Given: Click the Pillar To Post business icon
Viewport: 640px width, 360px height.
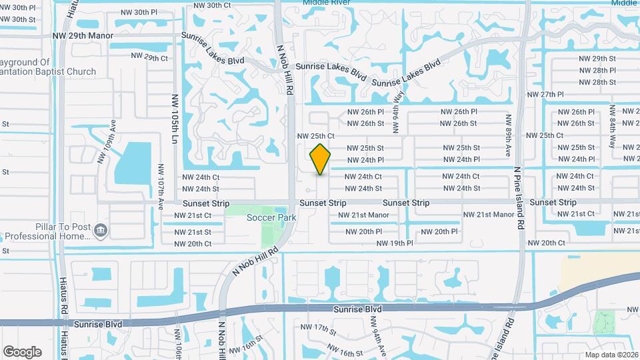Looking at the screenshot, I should point(100,231).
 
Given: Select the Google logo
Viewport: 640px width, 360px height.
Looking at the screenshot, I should point(22,351).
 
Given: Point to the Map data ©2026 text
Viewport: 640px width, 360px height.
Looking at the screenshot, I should point(611,355).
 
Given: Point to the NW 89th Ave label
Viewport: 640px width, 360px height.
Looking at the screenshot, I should point(508,135).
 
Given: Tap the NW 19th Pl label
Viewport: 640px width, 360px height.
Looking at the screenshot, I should point(395,243).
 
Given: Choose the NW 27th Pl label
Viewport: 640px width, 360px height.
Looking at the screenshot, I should point(545,95).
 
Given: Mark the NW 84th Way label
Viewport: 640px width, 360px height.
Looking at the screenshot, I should point(612,135).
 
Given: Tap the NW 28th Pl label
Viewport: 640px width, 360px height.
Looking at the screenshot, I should point(597,70).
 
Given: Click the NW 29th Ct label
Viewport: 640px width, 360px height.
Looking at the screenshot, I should point(149,58).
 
